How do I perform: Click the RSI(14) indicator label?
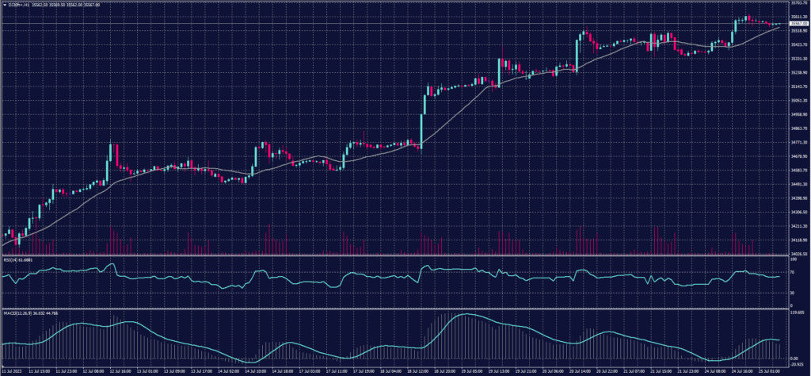click(x=19, y=259)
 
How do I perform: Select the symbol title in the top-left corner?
click(x=32, y=5)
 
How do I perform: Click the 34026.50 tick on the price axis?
click(x=798, y=254)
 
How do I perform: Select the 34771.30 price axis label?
click(x=798, y=142)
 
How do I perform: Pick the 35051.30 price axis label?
click(x=798, y=101)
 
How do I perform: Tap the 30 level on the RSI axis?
click(x=793, y=292)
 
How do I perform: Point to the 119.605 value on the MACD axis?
click(x=796, y=313)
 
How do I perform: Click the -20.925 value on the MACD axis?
click(x=796, y=364)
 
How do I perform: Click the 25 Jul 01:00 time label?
click(x=771, y=370)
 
